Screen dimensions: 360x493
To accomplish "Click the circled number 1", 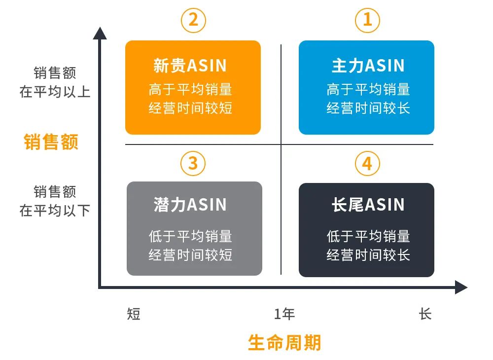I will pos(367,21).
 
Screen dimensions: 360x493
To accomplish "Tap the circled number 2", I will pos(193,21).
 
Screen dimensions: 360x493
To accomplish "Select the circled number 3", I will pos(193,163).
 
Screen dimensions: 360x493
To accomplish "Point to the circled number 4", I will pos(367,163).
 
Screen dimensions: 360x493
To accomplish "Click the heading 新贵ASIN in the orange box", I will pos(190,66).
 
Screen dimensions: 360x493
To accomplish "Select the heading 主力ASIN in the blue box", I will pos(368,66).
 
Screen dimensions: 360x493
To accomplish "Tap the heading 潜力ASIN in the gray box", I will pos(190,205).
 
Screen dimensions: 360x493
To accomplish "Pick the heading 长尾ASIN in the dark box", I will pos(368,205).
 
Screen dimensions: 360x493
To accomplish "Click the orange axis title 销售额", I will pos(51,142).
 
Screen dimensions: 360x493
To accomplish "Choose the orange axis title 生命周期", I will pos(284,342).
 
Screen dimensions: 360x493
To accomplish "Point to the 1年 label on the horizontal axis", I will pos(284,314).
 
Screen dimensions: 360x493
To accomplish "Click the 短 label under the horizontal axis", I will pos(134,314).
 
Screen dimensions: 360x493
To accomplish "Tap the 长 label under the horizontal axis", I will pos(425,314).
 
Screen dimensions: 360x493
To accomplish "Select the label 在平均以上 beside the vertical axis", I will pos(55,92).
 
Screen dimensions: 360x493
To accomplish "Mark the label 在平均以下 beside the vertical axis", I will pos(55,211).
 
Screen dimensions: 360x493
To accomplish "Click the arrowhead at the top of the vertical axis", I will pos(100,33).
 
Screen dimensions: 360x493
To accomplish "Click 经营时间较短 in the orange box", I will pos(190,108).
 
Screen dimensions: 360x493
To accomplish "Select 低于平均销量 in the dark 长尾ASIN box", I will pos(368,236).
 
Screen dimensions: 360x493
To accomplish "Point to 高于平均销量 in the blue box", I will pos(368,89).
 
